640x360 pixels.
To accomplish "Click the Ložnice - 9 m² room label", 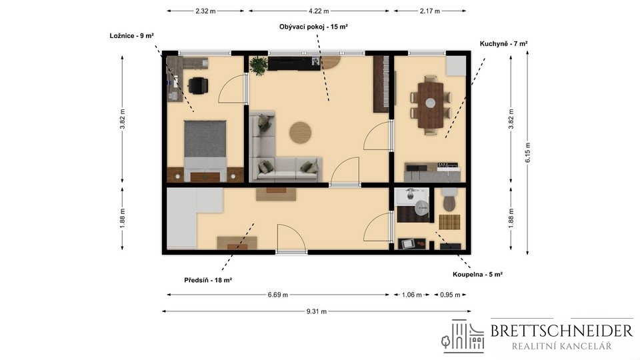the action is pos(131,36).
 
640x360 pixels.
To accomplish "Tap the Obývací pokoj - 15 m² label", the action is pos(313,27).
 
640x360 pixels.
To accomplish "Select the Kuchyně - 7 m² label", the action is pos(504,44).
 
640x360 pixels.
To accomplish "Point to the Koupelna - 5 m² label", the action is pos(477,274).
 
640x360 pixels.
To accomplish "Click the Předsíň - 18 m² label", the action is pos(208,280).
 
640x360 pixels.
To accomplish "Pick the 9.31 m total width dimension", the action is pos(316,311).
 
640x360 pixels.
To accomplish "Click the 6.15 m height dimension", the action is pos(528,153).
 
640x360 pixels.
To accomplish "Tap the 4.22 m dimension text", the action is pos(319,11).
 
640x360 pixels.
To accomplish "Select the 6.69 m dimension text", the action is pos(278,295).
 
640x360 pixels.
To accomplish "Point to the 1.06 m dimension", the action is pos(411,295).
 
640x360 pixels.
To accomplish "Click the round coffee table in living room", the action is pos(301,133).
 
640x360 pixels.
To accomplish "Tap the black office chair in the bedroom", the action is pos(199,86).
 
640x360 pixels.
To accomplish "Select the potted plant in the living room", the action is pos(259,65).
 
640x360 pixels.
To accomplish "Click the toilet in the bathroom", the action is pos(449,199).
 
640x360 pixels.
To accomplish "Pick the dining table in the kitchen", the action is pos(430,105).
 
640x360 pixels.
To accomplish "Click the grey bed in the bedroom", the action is pos(205,151).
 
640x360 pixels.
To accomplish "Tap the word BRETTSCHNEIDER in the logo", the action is pos(561,331).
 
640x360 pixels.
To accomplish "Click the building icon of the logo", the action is pos(463,336).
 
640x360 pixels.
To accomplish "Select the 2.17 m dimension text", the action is pos(430,11).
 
